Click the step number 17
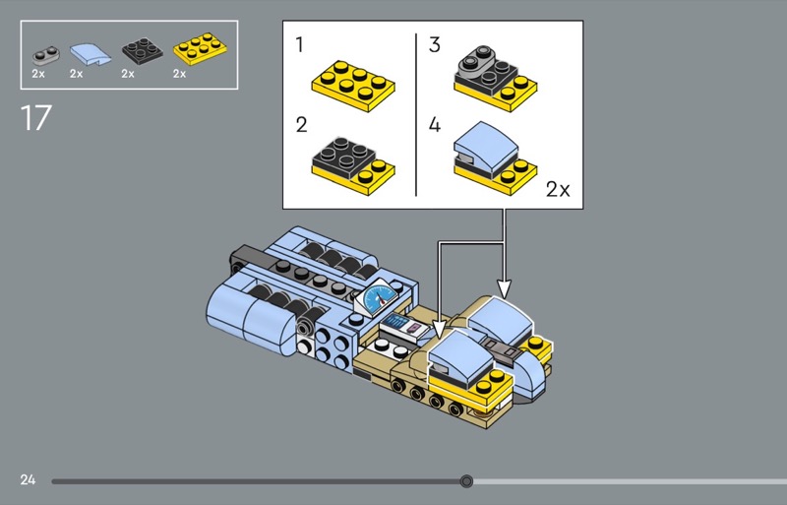click(x=36, y=118)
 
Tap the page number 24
click(x=29, y=479)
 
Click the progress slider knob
click(x=466, y=481)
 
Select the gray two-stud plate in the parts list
click(x=45, y=55)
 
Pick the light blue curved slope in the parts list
click(x=91, y=54)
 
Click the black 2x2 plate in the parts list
click(x=142, y=51)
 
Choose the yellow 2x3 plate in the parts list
click(x=200, y=49)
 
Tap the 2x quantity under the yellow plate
click(x=180, y=74)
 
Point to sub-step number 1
click(x=300, y=44)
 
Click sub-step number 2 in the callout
click(x=301, y=125)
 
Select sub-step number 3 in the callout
click(x=435, y=44)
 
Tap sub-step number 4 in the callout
click(x=435, y=125)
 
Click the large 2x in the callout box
click(x=558, y=189)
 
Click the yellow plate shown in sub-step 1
click(x=353, y=86)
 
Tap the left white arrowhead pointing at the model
click(x=439, y=330)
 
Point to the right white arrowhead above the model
click(x=505, y=290)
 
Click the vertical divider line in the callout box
click(x=416, y=114)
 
